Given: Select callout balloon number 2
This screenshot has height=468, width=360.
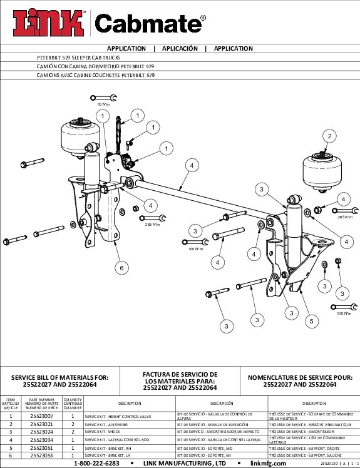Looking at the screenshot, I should [x=330, y=136].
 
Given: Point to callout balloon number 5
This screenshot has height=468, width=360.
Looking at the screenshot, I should [x=310, y=321].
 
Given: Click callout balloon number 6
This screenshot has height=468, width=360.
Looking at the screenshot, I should [x=123, y=267].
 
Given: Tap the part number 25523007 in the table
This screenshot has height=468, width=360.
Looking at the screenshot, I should [x=42, y=415].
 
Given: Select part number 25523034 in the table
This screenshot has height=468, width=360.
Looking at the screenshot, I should [x=42, y=439].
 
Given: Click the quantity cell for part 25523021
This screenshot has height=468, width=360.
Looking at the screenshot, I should [x=73, y=424].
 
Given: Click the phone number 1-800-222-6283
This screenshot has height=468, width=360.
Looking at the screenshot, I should [x=96, y=463].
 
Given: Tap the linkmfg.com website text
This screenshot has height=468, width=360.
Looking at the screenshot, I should [x=268, y=463].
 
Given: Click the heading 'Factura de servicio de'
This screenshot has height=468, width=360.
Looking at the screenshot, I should [x=181, y=374].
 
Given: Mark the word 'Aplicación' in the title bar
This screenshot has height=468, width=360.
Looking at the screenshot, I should [x=180, y=48].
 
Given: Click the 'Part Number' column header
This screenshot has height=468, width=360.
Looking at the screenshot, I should [x=42, y=404].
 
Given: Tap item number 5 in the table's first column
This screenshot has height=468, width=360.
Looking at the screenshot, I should [x=11, y=447].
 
